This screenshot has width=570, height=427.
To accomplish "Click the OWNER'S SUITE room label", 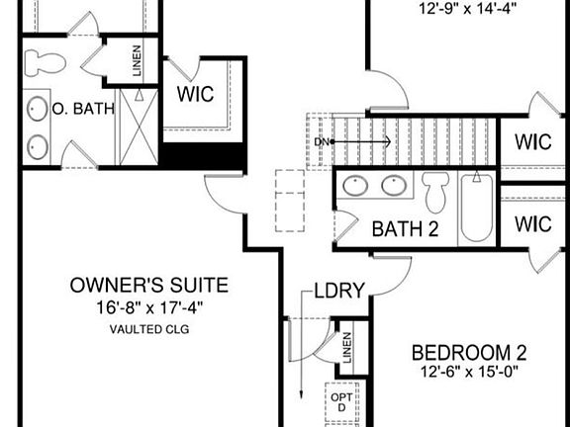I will [x=148, y=286].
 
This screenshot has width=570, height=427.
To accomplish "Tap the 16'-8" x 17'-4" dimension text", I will [x=148, y=306].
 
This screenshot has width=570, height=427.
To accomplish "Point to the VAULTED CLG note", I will [x=148, y=328].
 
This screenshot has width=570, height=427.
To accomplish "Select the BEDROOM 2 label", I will [x=469, y=352].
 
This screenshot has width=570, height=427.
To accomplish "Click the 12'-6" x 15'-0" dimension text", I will [x=469, y=372].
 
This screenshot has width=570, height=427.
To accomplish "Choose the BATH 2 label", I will [x=405, y=229].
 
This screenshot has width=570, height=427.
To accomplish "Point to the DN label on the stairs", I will [x=320, y=142].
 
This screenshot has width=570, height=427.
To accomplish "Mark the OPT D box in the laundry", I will [x=338, y=403].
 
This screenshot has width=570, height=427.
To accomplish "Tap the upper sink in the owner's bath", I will [x=38, y=107].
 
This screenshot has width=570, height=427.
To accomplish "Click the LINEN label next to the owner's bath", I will [x=137, y=61].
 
